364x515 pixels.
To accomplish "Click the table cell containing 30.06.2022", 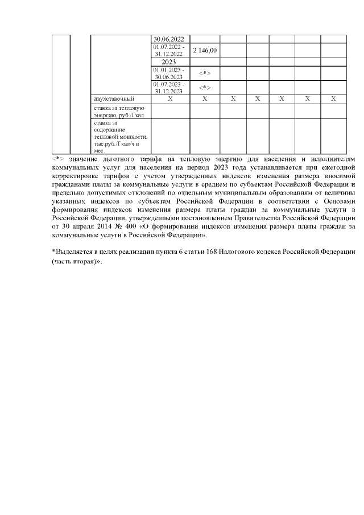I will pyautogui.click(x=168, y=39).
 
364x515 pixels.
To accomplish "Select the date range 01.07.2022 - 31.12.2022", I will pyautogui.click(x=168, y=50).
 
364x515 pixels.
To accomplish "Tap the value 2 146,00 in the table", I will pyautogui.click(x=205, y=51).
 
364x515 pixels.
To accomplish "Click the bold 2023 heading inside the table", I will pyautogui.click(x=169, y=61).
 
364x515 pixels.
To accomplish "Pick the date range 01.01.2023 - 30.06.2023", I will pyautogui.click(x=168, y=73).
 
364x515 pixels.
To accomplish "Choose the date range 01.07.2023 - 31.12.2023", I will pyautogui.click(x=168, y=88).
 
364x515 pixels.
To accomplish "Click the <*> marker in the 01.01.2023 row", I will pyautogui.click(x=205, y=73).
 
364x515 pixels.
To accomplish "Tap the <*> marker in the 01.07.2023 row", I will pyautogui.click(x=205, y=88).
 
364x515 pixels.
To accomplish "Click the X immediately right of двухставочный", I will pyautogui.click(x=170, y=99).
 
